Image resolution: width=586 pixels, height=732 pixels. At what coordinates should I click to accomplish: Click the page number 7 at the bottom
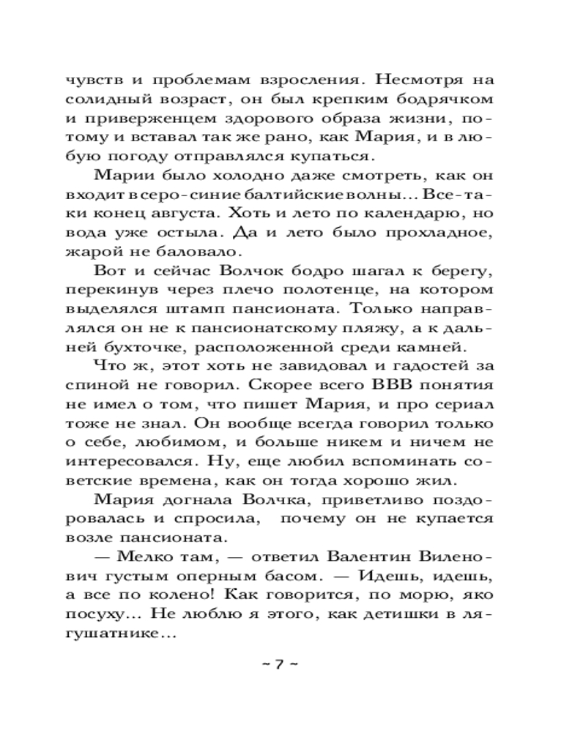click(278, 665)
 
